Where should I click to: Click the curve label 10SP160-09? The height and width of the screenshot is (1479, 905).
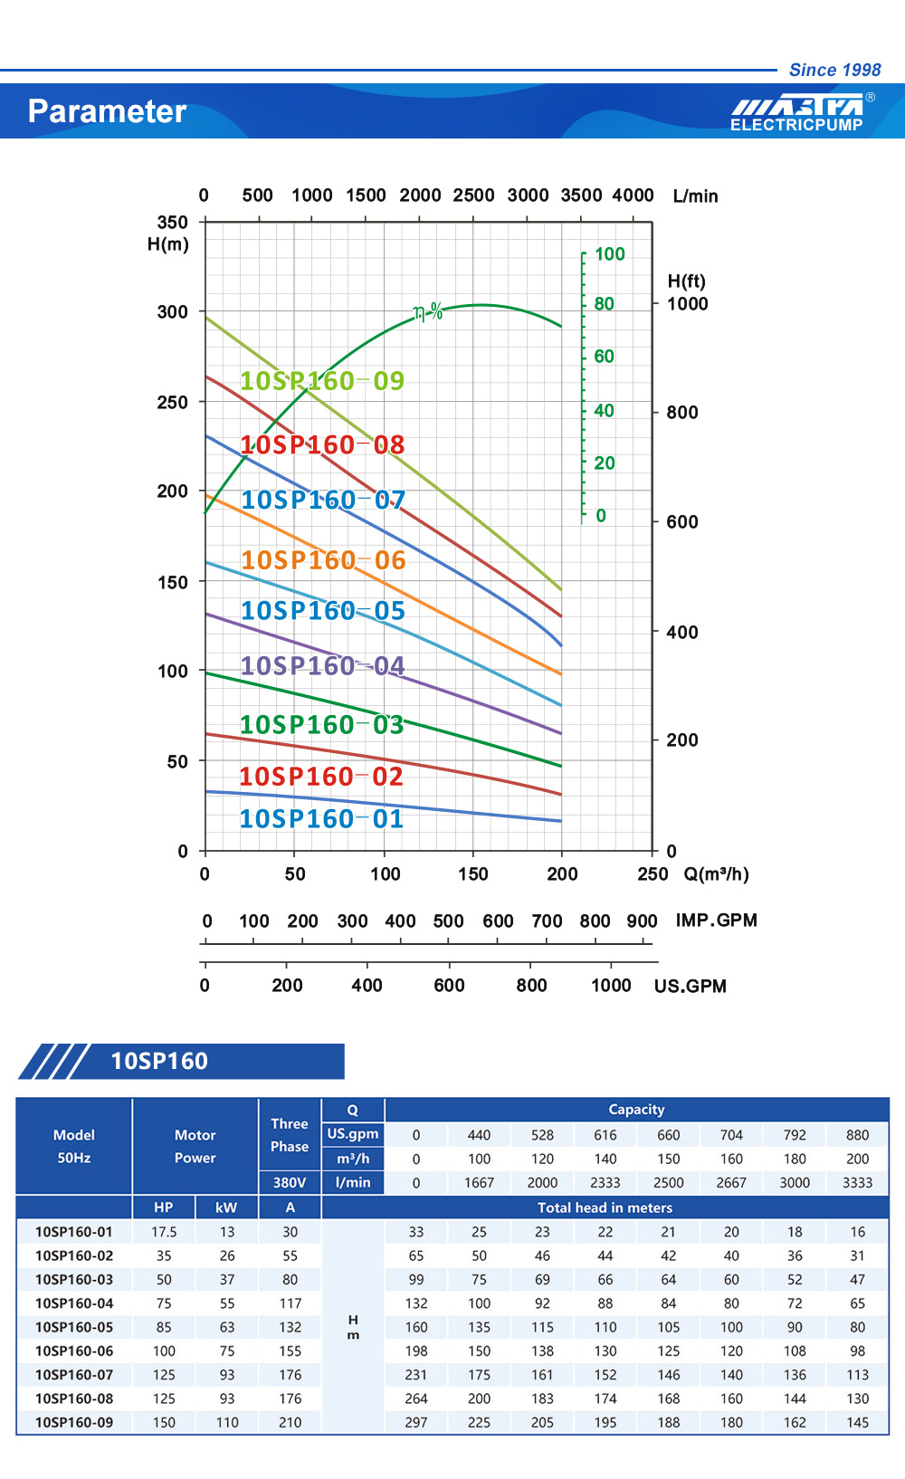321,381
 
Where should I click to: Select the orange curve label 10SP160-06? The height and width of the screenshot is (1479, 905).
323,560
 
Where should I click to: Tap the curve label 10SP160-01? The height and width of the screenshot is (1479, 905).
321,819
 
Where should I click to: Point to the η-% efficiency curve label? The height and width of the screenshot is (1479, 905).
428,312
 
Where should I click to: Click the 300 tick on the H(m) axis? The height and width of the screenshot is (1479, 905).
173,312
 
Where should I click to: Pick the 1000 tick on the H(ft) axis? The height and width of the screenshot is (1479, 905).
688,304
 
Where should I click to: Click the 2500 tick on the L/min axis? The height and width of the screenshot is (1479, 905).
473,196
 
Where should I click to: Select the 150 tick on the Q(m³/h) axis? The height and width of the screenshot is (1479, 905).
473,874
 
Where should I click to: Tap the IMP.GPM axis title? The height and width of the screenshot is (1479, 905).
716,921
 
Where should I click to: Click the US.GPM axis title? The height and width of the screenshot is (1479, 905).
691,987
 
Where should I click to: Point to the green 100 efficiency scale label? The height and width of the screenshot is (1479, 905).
609,254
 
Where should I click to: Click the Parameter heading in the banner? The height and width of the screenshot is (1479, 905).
107,111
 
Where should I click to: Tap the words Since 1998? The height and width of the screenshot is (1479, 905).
834,70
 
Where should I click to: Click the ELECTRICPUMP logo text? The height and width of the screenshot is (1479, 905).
796,125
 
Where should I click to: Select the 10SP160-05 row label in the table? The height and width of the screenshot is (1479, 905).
74,1327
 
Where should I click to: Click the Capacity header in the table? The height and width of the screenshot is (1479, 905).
636,1110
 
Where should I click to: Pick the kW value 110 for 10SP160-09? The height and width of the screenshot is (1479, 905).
227,1423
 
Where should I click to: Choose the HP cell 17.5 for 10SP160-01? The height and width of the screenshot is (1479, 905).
164,1232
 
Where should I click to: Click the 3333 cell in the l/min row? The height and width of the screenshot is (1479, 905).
857,1183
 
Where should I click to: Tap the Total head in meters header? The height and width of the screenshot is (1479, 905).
605,1207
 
